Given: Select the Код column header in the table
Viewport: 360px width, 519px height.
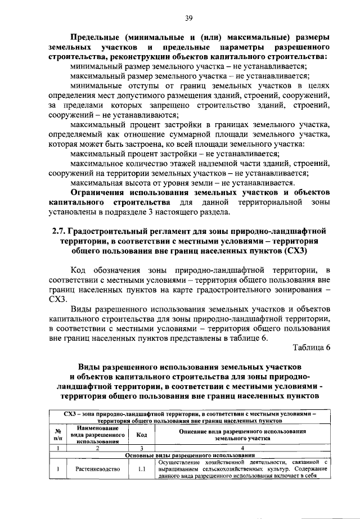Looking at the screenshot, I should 142,435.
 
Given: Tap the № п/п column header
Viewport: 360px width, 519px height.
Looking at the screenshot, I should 57,435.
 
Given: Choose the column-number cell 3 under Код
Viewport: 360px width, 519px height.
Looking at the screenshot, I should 142,448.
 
